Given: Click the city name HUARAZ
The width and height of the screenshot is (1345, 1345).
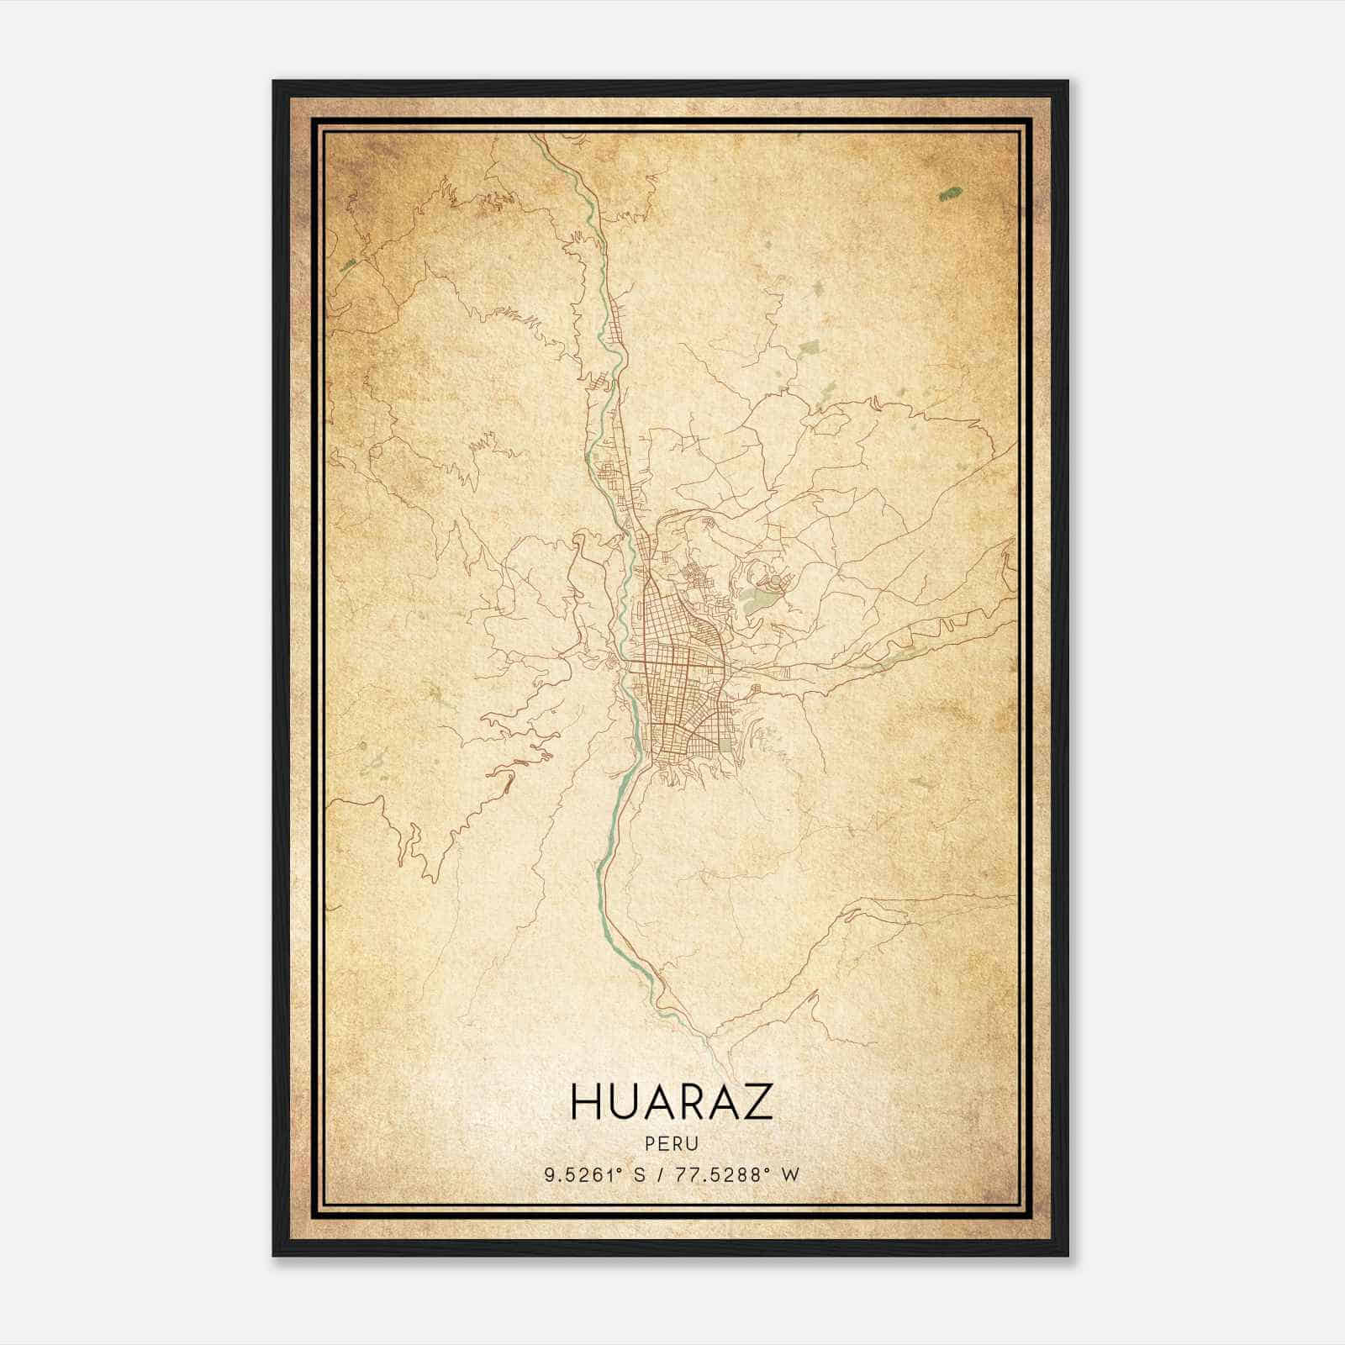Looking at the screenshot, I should pyautogui.click(x=672, y=1102).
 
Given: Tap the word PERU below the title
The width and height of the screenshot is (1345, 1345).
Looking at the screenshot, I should pyautogui.click(x=672, y=1143).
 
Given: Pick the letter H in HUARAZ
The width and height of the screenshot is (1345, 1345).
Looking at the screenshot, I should pyautogui.click(x=585, y=1102).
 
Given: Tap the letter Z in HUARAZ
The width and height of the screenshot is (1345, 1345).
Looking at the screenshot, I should pyautogui.click(x=759, y=1102).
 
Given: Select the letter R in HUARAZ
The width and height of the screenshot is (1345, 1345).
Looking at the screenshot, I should pyautogui.click(x=692, y=1102).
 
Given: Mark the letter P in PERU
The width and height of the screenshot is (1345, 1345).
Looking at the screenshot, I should pyautogui.click(x=651, y=1143).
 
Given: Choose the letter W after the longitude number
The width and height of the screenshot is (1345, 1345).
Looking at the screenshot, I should pyautogui.click(x=789, y=1174).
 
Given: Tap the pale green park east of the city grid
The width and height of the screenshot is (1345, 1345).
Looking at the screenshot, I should pyautogui.click(x=761, y=599).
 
